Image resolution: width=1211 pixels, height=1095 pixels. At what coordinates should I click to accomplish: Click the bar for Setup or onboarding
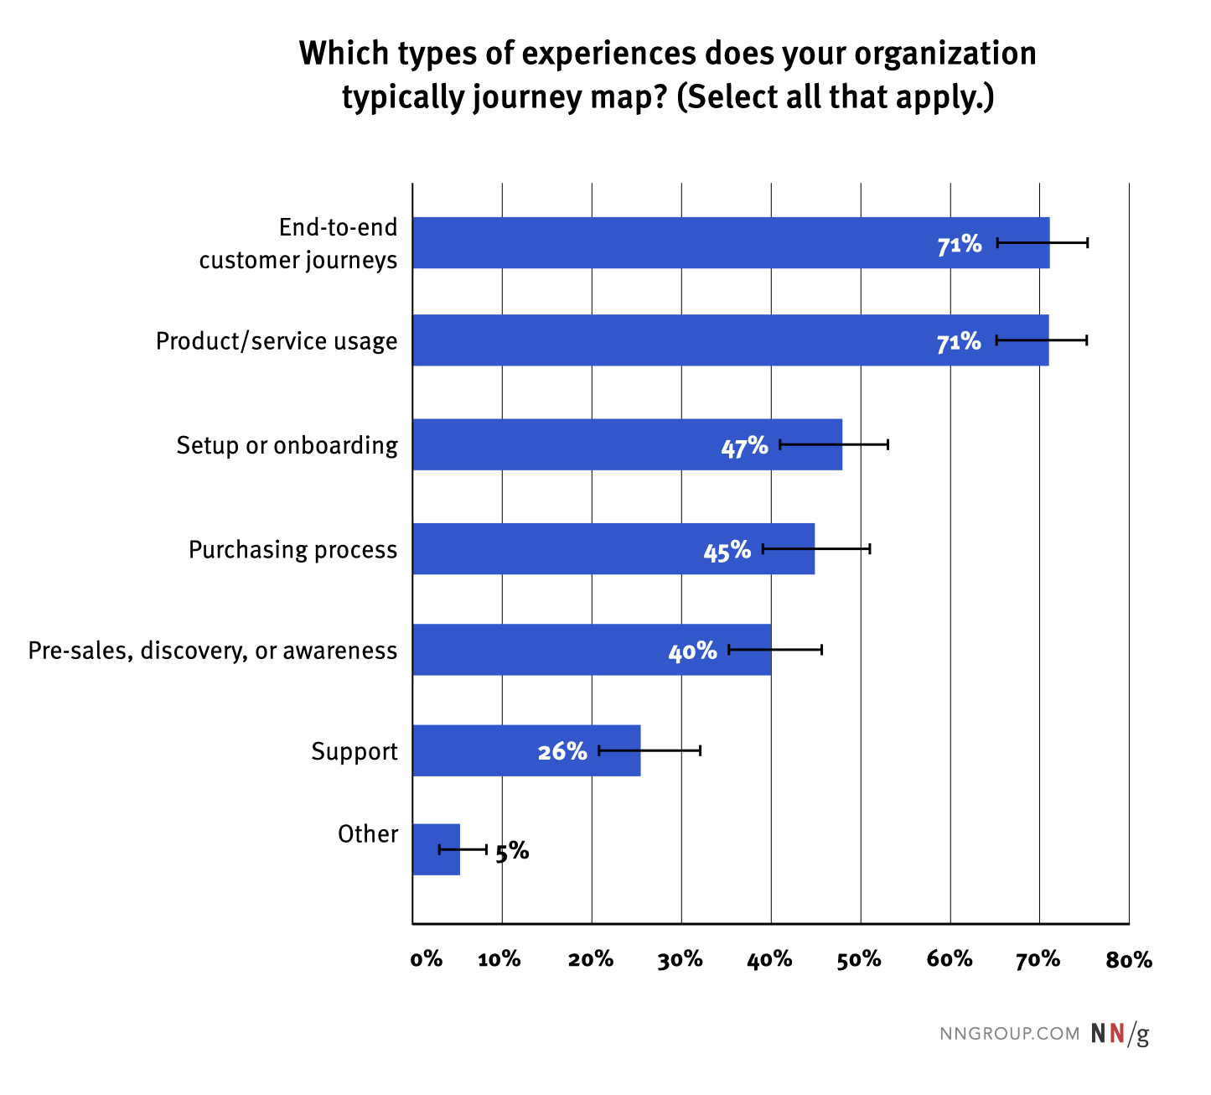coord(587,444)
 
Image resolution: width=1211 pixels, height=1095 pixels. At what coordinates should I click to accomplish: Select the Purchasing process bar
coord(570,549)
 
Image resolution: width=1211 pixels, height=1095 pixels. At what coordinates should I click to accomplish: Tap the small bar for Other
coord(436,849)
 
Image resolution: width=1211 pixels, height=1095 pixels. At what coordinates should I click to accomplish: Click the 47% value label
coord(744,446)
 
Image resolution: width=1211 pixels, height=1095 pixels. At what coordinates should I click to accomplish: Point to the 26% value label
coord(562,751)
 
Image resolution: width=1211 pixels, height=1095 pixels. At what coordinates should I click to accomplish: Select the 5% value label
coord(512,852)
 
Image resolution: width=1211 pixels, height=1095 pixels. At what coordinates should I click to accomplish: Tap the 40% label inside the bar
coord(692,651)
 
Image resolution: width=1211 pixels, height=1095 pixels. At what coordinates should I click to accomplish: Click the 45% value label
coord(727,551)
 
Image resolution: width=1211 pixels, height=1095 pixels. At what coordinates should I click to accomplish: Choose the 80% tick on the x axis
coord(1129,960)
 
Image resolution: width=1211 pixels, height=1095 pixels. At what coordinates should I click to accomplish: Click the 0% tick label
coord(426,960)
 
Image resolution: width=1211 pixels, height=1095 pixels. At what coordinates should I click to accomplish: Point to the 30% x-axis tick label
coord(680,960)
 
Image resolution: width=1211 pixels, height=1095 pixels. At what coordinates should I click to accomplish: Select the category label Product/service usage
coord(277,342)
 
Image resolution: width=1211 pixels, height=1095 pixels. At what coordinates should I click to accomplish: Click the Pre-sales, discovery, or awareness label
coord(213,651)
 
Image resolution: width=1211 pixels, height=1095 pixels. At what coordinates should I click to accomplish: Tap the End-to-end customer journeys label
coord(298,244)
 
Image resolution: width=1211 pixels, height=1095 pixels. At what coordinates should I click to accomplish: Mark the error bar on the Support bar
coord(649,750)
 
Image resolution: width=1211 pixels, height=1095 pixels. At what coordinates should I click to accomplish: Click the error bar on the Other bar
coord(463,849)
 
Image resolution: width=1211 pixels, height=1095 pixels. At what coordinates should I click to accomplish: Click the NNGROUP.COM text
coord(1010,1034)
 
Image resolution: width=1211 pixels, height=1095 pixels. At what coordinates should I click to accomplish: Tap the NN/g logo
coord(1120,1034)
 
